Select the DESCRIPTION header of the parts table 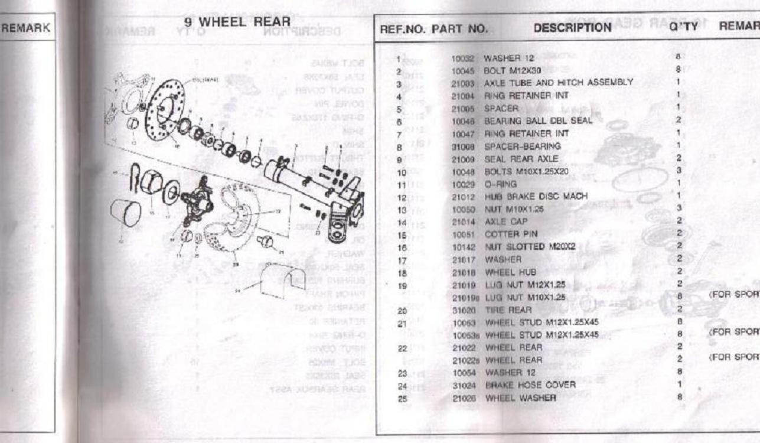coord(573,27)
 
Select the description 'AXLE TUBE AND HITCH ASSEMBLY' coord(558,82)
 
